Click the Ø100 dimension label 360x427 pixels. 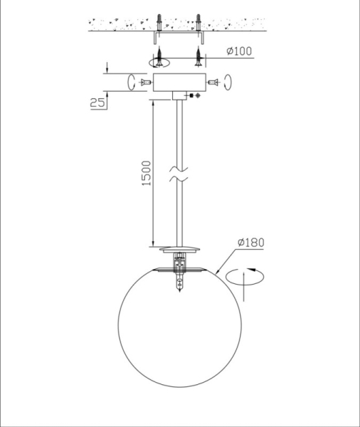[x=239, y=51]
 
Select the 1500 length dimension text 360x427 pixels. [x=146, y=172]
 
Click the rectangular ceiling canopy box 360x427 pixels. [x=178, y=83]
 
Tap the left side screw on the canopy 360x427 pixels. [x=145, y=83]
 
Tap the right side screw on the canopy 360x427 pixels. [x=211, y=83]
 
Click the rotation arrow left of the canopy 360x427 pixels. [x=131, y=82]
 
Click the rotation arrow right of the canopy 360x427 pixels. [x=227, y=82]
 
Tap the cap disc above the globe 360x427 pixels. [x=179, y=249]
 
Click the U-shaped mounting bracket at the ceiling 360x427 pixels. [x=178, y=34]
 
